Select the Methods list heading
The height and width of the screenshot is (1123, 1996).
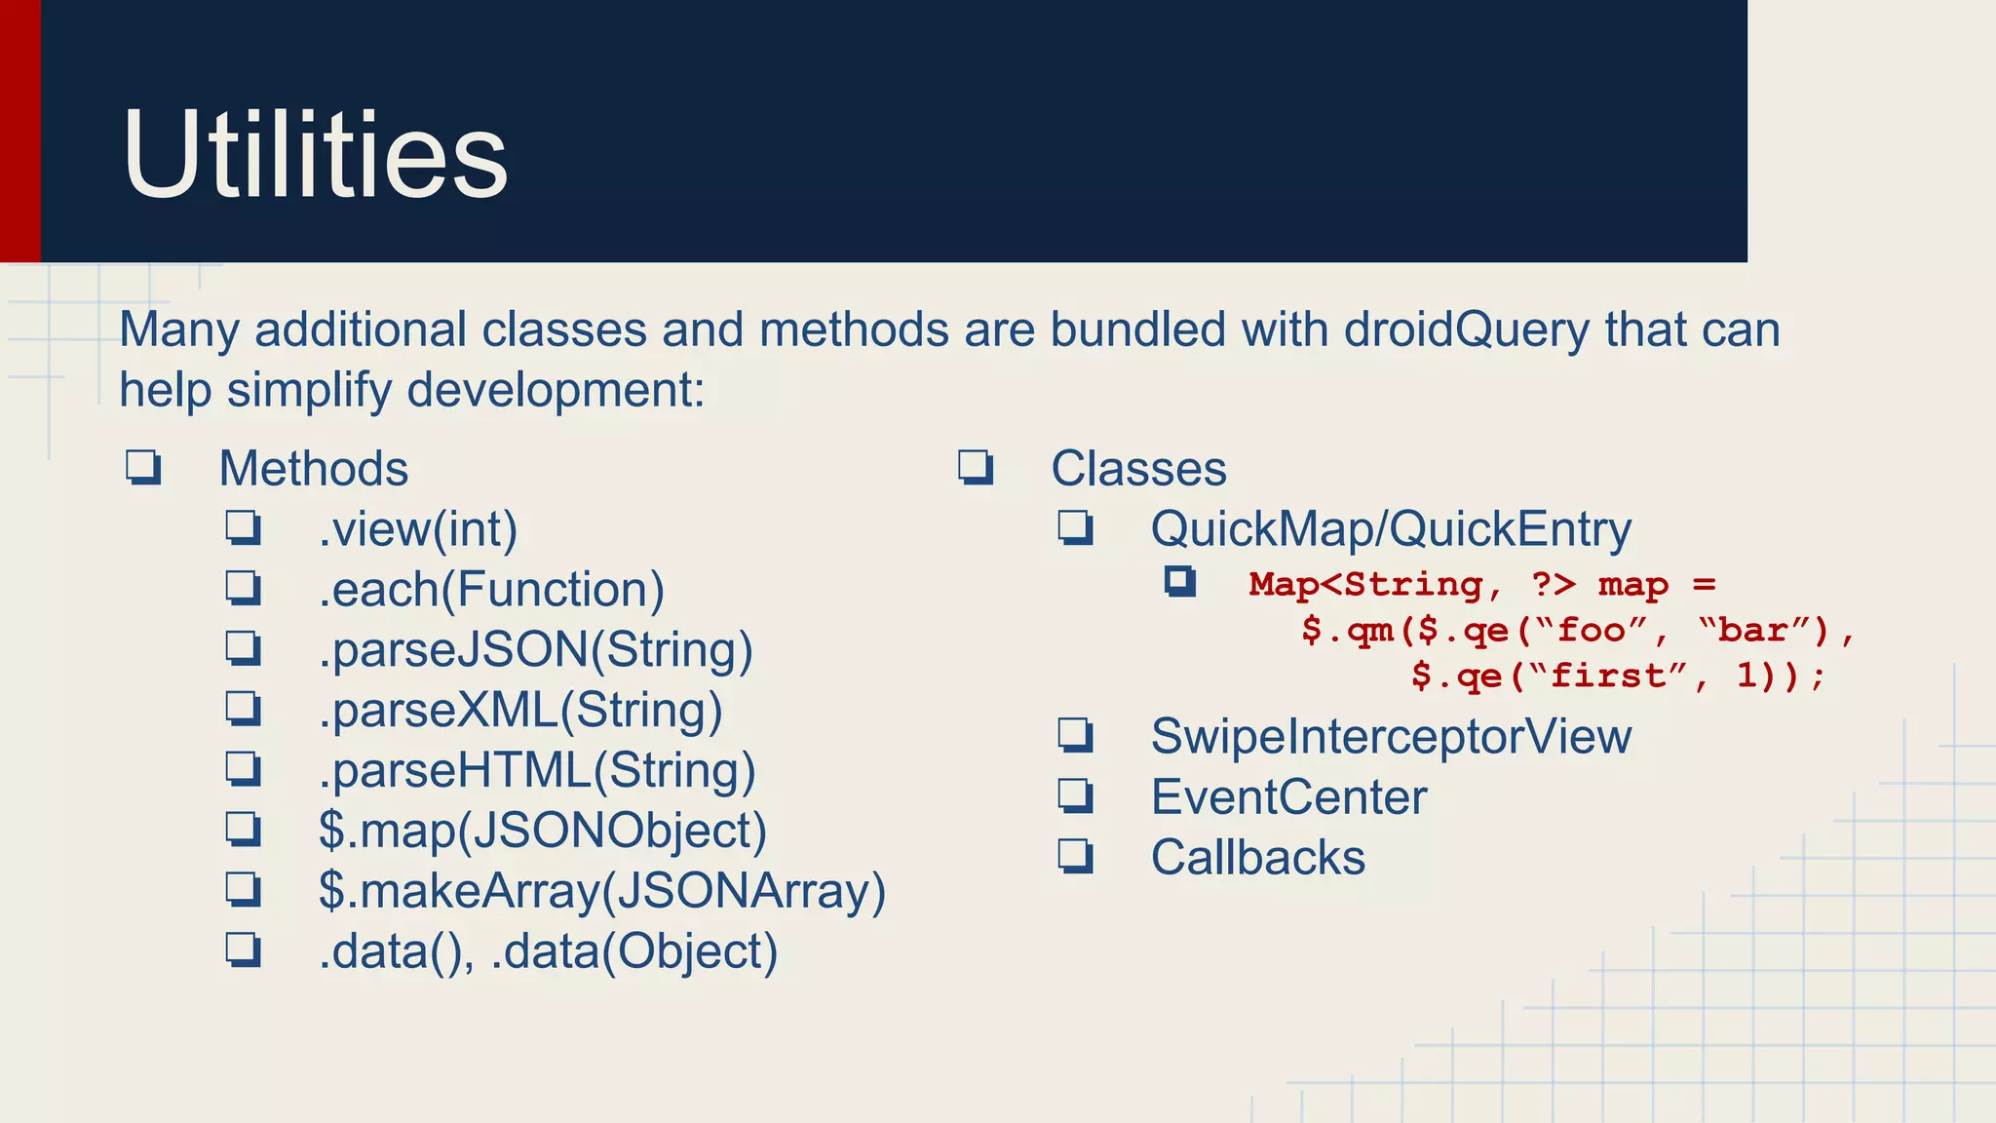tap(313, 469)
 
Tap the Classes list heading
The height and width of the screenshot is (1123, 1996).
tap(1138, 469)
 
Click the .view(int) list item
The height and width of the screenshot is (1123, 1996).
tap(417, 529)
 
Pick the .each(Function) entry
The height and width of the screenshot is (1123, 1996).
tap(491, 590)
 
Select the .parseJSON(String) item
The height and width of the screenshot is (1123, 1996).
tap(535, 650)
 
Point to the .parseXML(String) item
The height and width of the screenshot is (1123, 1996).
tap(520, 711)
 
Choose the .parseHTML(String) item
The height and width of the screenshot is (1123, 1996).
tap(537, 771)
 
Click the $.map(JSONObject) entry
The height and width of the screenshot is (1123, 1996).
tap(542, 832)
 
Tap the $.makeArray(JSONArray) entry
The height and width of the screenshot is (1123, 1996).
tap(601, 892)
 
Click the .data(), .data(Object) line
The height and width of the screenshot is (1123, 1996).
tap(548, 952)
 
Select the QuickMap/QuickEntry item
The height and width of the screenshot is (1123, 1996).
tap(1390, 529)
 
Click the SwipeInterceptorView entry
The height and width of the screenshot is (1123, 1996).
tap(1390, 737)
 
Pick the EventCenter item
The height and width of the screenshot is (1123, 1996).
tap(1288, 797)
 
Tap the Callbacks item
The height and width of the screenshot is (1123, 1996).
tap(1257, 858)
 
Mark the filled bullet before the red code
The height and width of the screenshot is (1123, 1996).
tap(1179, 582)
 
